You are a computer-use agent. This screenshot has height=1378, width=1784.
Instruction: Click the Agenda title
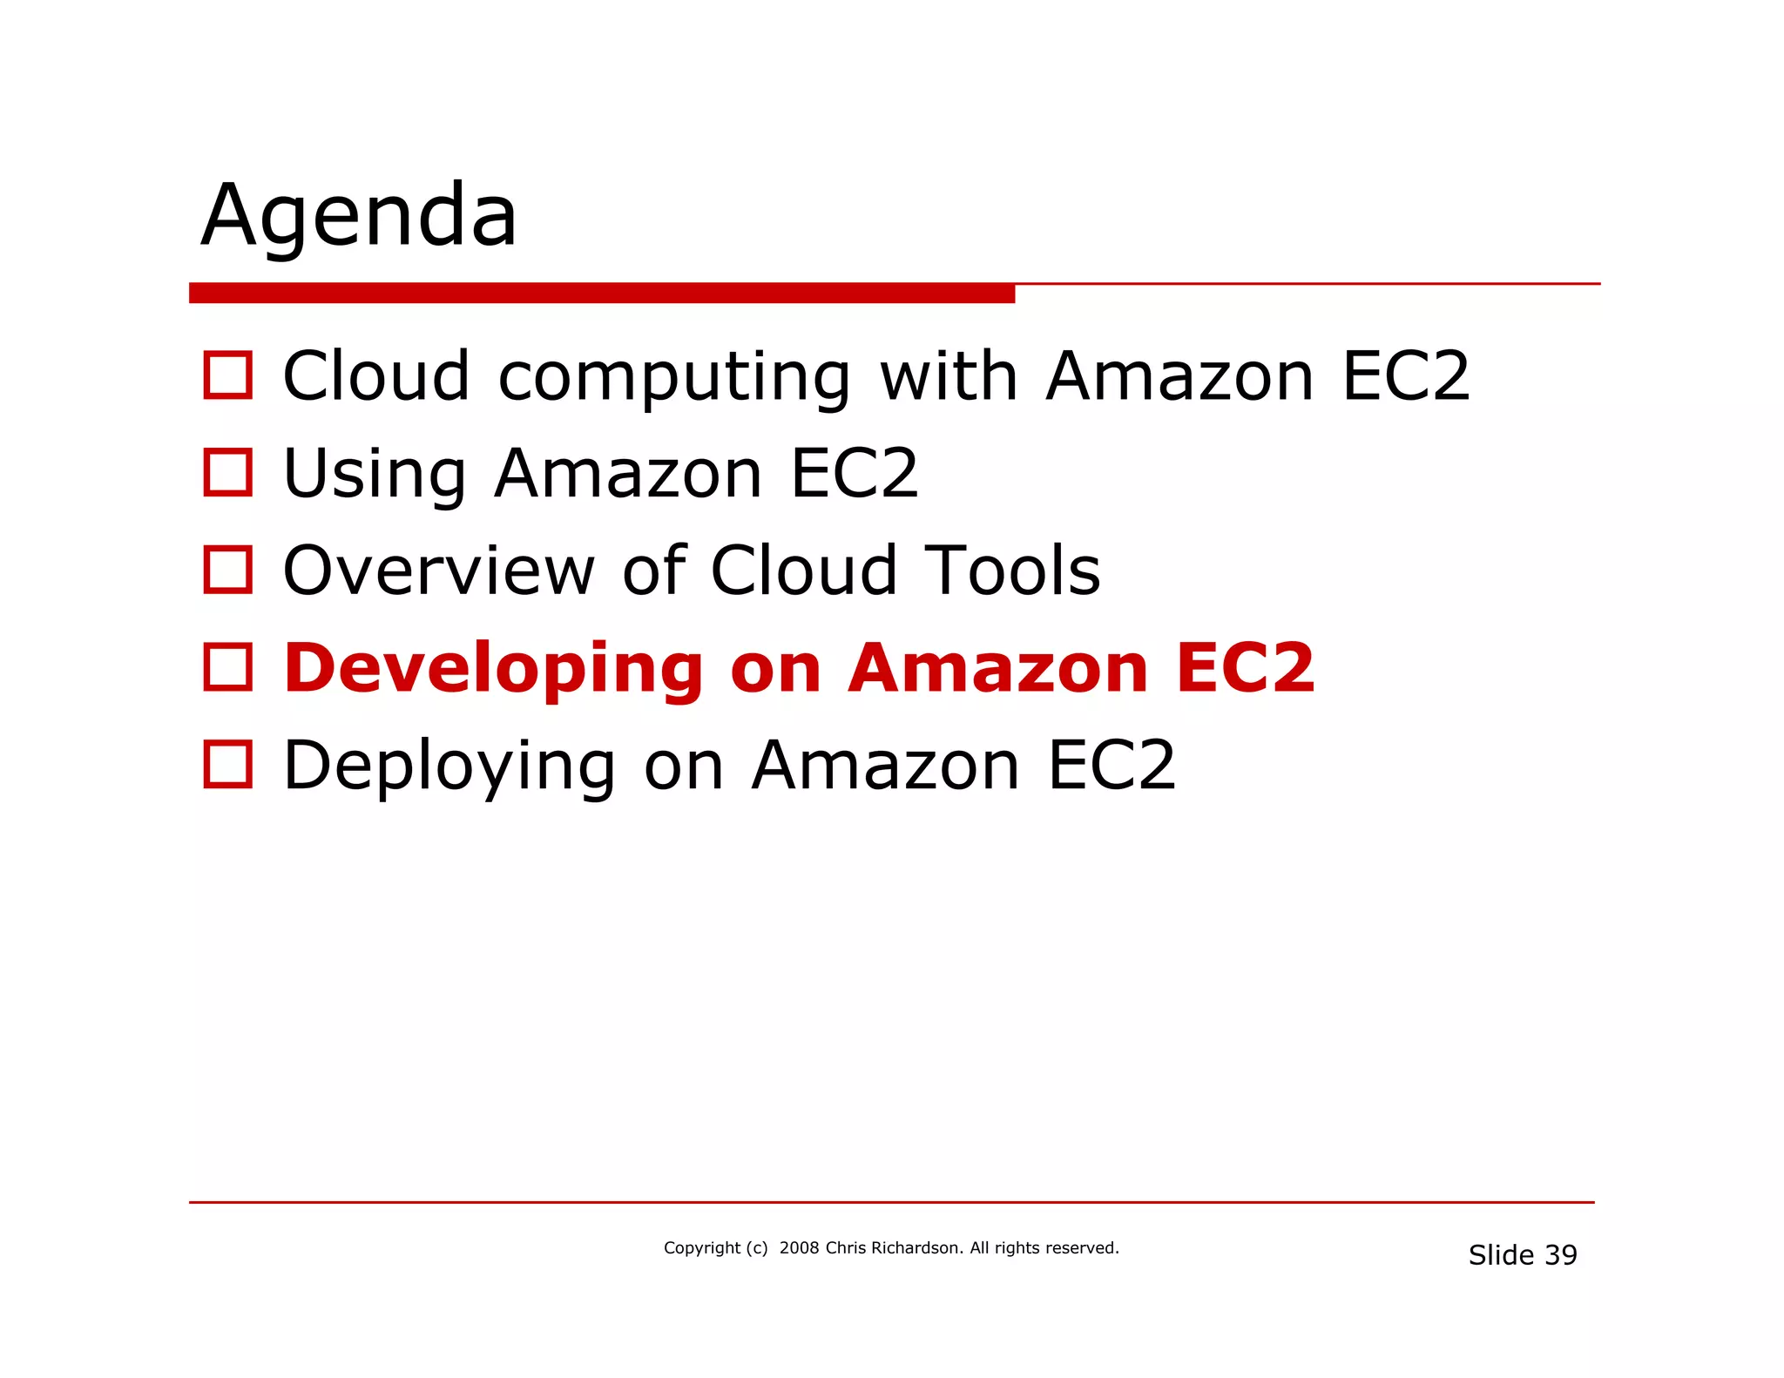pos(359,216)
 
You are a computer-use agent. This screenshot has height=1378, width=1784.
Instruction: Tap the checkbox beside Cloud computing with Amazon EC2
pos(227,375)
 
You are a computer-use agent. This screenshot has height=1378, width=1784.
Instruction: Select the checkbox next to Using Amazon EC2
pos(227,473)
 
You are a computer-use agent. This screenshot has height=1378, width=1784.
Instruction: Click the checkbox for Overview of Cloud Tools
pos(227,570)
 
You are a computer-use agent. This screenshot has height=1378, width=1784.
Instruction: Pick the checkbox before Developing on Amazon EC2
pos(227,667)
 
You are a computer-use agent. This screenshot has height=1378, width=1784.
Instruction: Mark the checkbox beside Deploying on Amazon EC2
pos(227,765)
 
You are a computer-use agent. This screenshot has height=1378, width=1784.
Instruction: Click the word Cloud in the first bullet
pos(376,375)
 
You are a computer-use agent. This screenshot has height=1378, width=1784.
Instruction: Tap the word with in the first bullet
pos(949,375)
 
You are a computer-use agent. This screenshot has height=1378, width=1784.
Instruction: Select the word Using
pos(375,475)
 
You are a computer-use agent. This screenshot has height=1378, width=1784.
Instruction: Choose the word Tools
pos(1012,571)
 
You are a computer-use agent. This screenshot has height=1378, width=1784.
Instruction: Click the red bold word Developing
pos(493,669)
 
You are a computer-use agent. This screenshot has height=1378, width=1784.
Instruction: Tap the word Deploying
pos(449,767)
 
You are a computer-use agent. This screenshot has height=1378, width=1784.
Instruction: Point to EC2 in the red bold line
pos(1244,668)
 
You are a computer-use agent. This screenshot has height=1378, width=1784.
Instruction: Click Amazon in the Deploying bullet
pos(885,766)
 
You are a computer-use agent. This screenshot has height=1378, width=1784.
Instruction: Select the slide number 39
pos(1560,1255)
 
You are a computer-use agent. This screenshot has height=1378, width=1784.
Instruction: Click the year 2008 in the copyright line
pos(799,1248)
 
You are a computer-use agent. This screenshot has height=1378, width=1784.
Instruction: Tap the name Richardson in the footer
pos(916,1248)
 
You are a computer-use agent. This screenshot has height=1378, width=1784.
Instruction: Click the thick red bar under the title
pos(601,294)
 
